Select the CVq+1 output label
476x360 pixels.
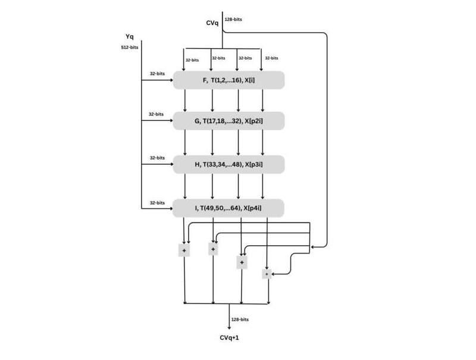230,337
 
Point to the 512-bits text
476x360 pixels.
129,47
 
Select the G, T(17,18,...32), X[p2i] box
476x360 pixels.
229,121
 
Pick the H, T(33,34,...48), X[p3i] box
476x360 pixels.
229,165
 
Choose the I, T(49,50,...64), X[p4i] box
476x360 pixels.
229,208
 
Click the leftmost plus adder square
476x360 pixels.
184,251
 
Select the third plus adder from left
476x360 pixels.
242,262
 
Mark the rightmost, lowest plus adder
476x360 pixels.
267,274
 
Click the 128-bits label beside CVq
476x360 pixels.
234,20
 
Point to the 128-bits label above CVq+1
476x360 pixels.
240,320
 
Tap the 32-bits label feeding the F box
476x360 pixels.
156,74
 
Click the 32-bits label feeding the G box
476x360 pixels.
156,114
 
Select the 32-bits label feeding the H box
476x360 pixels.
156,158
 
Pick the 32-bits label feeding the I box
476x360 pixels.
156,202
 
